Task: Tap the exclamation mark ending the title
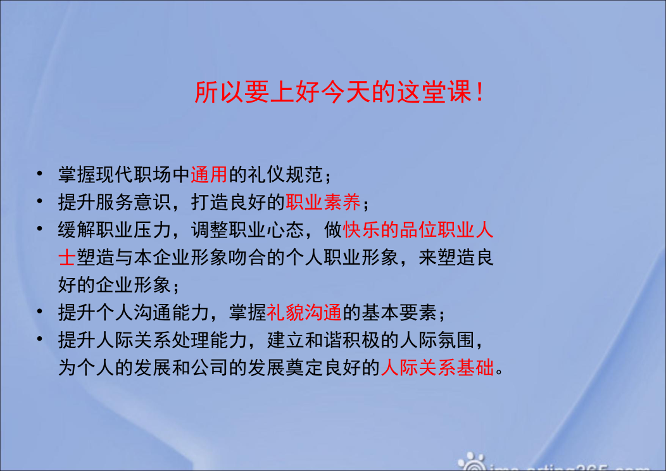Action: point(480,92)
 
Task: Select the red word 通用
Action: point(209,175)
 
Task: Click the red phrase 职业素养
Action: point(324,202)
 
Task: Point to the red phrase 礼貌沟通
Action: point(304,313)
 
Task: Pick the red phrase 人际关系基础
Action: point(437,367)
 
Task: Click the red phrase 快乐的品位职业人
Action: point(418,230)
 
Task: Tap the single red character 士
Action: point(67,258)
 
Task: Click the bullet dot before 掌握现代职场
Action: point(39,173)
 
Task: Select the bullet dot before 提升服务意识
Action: point(39,201)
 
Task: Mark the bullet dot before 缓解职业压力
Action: point(39,229)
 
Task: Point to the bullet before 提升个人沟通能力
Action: point(39,311)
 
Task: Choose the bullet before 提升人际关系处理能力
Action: point(39,339)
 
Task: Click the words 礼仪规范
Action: point(286,175)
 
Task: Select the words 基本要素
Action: point(399,313)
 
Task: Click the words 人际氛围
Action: point(437,340)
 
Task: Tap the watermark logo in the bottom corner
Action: point(472,462)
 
